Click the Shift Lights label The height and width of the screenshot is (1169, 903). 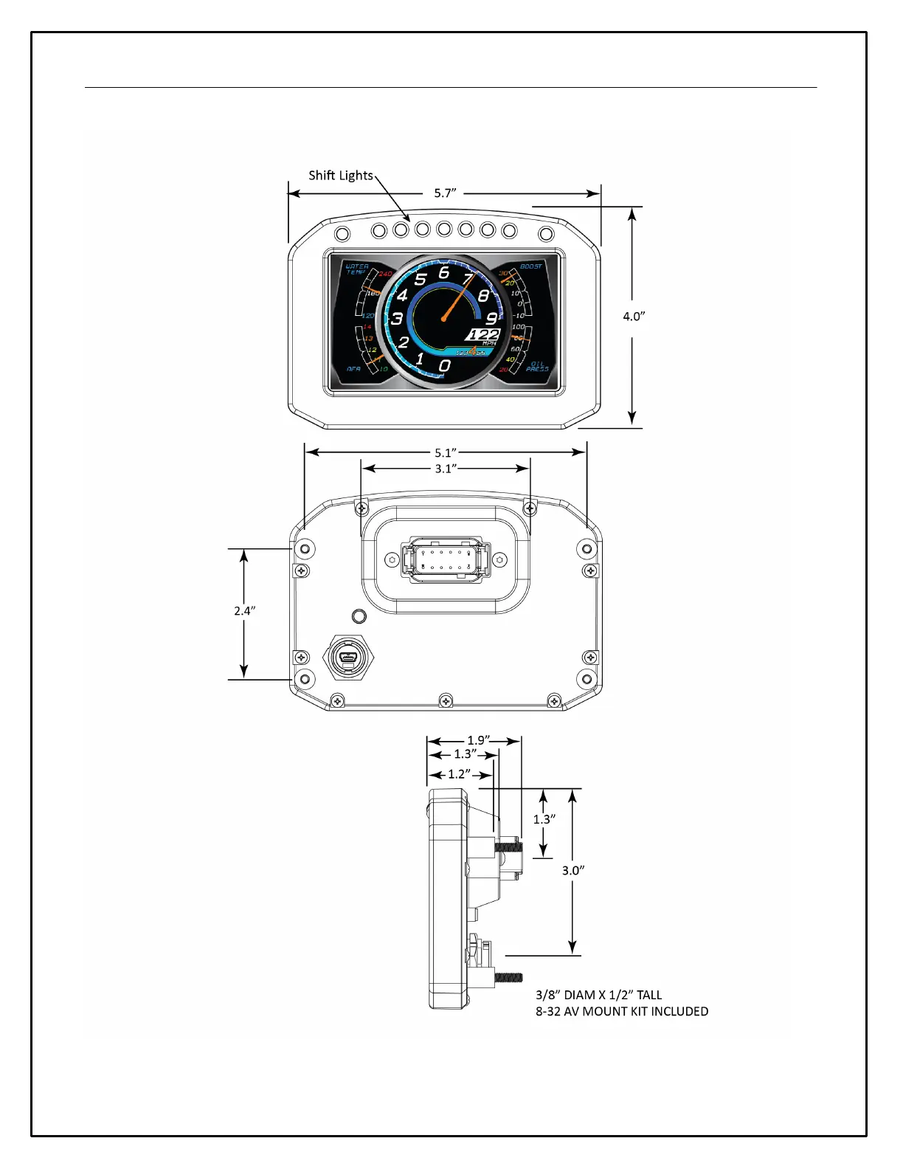[341, 176]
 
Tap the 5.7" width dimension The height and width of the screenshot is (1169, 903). [445, 193]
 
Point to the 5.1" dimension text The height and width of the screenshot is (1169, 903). [446, 452]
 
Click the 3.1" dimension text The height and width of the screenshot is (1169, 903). [446, 469]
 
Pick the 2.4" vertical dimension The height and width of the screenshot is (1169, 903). [244, 610]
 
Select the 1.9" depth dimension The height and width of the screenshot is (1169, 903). [479, 740]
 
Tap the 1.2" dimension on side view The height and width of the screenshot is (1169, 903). [460, 774]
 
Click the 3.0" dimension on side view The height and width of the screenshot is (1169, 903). [573, 870]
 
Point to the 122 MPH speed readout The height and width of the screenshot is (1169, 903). [484, 336]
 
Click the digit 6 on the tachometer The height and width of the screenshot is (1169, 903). [444, 272]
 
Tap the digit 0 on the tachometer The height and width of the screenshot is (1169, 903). [444, 365]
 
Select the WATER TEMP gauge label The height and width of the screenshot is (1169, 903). [357, 269]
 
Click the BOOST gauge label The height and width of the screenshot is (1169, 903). [531, 266]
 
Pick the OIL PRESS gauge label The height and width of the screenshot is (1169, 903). [537, 367]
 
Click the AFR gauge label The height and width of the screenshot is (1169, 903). [354, 368]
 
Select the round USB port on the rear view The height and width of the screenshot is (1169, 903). [344, 656]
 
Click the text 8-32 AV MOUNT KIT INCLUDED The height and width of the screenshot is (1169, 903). [622, 1011]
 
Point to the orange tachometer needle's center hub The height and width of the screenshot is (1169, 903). [444, 319]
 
